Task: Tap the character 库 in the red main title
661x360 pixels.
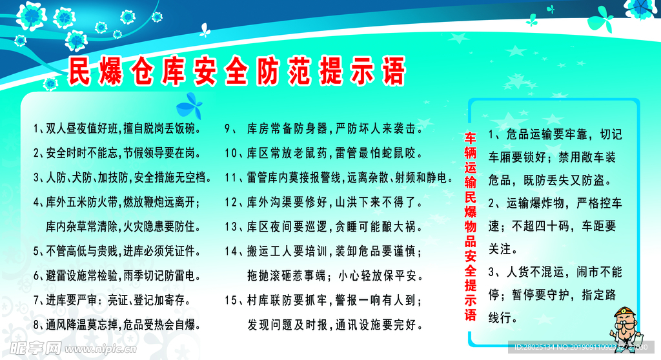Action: point(174,71)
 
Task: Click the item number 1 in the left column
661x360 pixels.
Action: point(36,128)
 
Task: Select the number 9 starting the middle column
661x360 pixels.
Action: point(227,128)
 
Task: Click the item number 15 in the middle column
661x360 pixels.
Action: point(231,301)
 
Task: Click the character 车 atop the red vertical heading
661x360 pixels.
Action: point(471,139)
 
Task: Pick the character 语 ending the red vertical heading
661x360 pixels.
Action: point(471,315)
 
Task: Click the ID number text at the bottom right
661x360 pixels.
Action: point(581,347)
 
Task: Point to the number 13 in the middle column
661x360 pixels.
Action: point(231,227)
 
